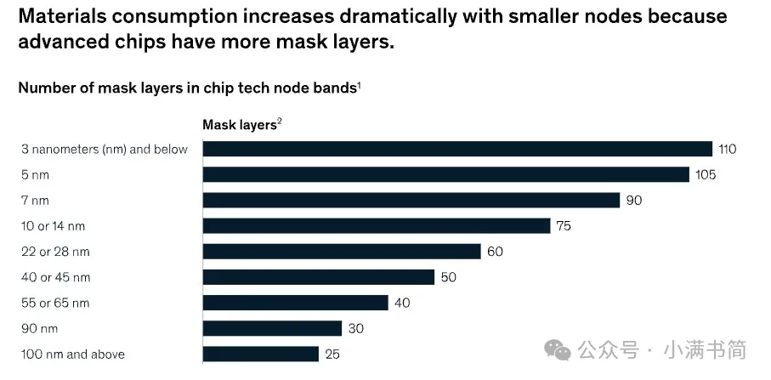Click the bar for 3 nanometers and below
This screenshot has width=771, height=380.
click(456, 149)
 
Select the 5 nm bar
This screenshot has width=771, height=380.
click(445, 174)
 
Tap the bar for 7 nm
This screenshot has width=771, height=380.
click(411, 200)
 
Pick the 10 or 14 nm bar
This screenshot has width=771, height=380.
click(376, 225)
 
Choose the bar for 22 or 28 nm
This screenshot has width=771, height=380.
click(341, 252)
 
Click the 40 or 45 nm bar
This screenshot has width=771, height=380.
click(318, 277)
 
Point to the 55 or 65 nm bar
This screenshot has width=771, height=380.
click(295, 303)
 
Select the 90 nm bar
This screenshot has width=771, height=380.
click(272, 328)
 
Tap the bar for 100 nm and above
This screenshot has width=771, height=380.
click(260, 354)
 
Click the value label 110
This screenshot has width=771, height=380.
click(727, 150)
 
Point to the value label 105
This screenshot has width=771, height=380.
click(706, 175)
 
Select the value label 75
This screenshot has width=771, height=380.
click(564, 226)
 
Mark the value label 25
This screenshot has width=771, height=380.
click(332, 354)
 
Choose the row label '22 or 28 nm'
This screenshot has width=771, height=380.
click(55, 252)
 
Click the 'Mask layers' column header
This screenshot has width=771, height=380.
click(240, 125)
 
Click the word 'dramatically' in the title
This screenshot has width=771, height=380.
click(377, 16)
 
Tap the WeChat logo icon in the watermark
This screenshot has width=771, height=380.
click(559, 349)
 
